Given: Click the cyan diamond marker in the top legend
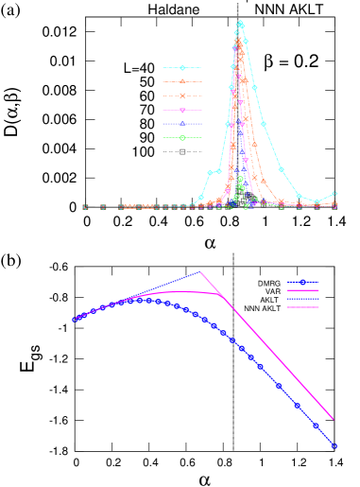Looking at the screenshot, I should (x=182, y=68).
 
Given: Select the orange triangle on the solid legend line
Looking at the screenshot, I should (x=182, y=81).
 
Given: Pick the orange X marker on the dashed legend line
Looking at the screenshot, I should (x=182, y=96).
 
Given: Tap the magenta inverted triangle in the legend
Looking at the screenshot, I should (x=182, y=111).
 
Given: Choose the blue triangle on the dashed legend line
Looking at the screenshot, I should (x=182, y=124).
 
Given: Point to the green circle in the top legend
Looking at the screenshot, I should (x=182, y=138).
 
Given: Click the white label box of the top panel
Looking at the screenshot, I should (x=14, y=26).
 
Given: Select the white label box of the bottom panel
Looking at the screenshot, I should (x=23, y=268).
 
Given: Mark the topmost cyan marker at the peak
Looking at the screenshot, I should (x=240, y=23).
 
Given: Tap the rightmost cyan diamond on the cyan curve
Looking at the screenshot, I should (x=334, y=194).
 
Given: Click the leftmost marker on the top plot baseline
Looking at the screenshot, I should (x=85, y=207).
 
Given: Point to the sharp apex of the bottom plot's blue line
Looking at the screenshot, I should (x=200, y=272).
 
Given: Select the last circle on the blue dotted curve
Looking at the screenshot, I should (x=334, y=445).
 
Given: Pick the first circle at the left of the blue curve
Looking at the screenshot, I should (x=75, y=320).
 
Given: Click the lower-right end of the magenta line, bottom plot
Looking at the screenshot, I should (x=333, y=419).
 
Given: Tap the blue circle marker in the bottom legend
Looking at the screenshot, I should (x=302, y=282).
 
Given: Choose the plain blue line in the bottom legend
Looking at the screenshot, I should (x=302, y=299).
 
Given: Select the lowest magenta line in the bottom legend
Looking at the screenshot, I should (x=302, y=307).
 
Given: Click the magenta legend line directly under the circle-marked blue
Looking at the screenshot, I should (x=302, y=290).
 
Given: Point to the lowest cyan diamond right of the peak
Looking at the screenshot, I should (x=317, y=201).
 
